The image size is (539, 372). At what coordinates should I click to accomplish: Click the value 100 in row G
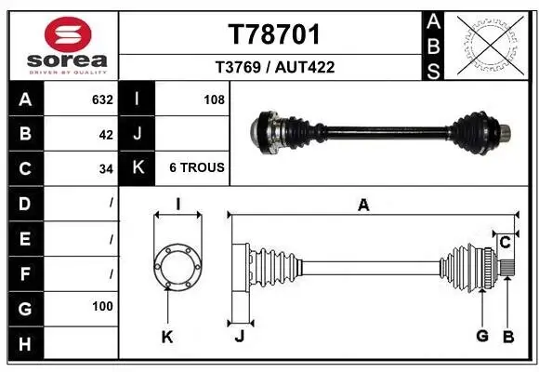pos(102,306)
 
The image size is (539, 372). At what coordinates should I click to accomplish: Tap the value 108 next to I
pos(214,100)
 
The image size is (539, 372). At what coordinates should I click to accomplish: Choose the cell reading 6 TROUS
pos(196,168)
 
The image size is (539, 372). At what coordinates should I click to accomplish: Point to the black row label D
pos(24,203)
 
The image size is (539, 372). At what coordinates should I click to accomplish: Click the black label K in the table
pos(138,168)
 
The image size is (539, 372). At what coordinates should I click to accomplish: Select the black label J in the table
pos(138,134)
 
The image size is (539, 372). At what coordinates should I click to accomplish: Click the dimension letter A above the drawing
pos(363,206)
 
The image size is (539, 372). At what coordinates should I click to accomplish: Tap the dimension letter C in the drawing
pos(505,243)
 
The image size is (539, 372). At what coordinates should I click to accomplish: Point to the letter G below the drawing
pos(481,336)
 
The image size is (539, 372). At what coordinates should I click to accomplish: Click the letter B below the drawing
pos(507,336)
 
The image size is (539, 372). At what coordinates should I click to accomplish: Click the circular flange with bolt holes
pos(177,266)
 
